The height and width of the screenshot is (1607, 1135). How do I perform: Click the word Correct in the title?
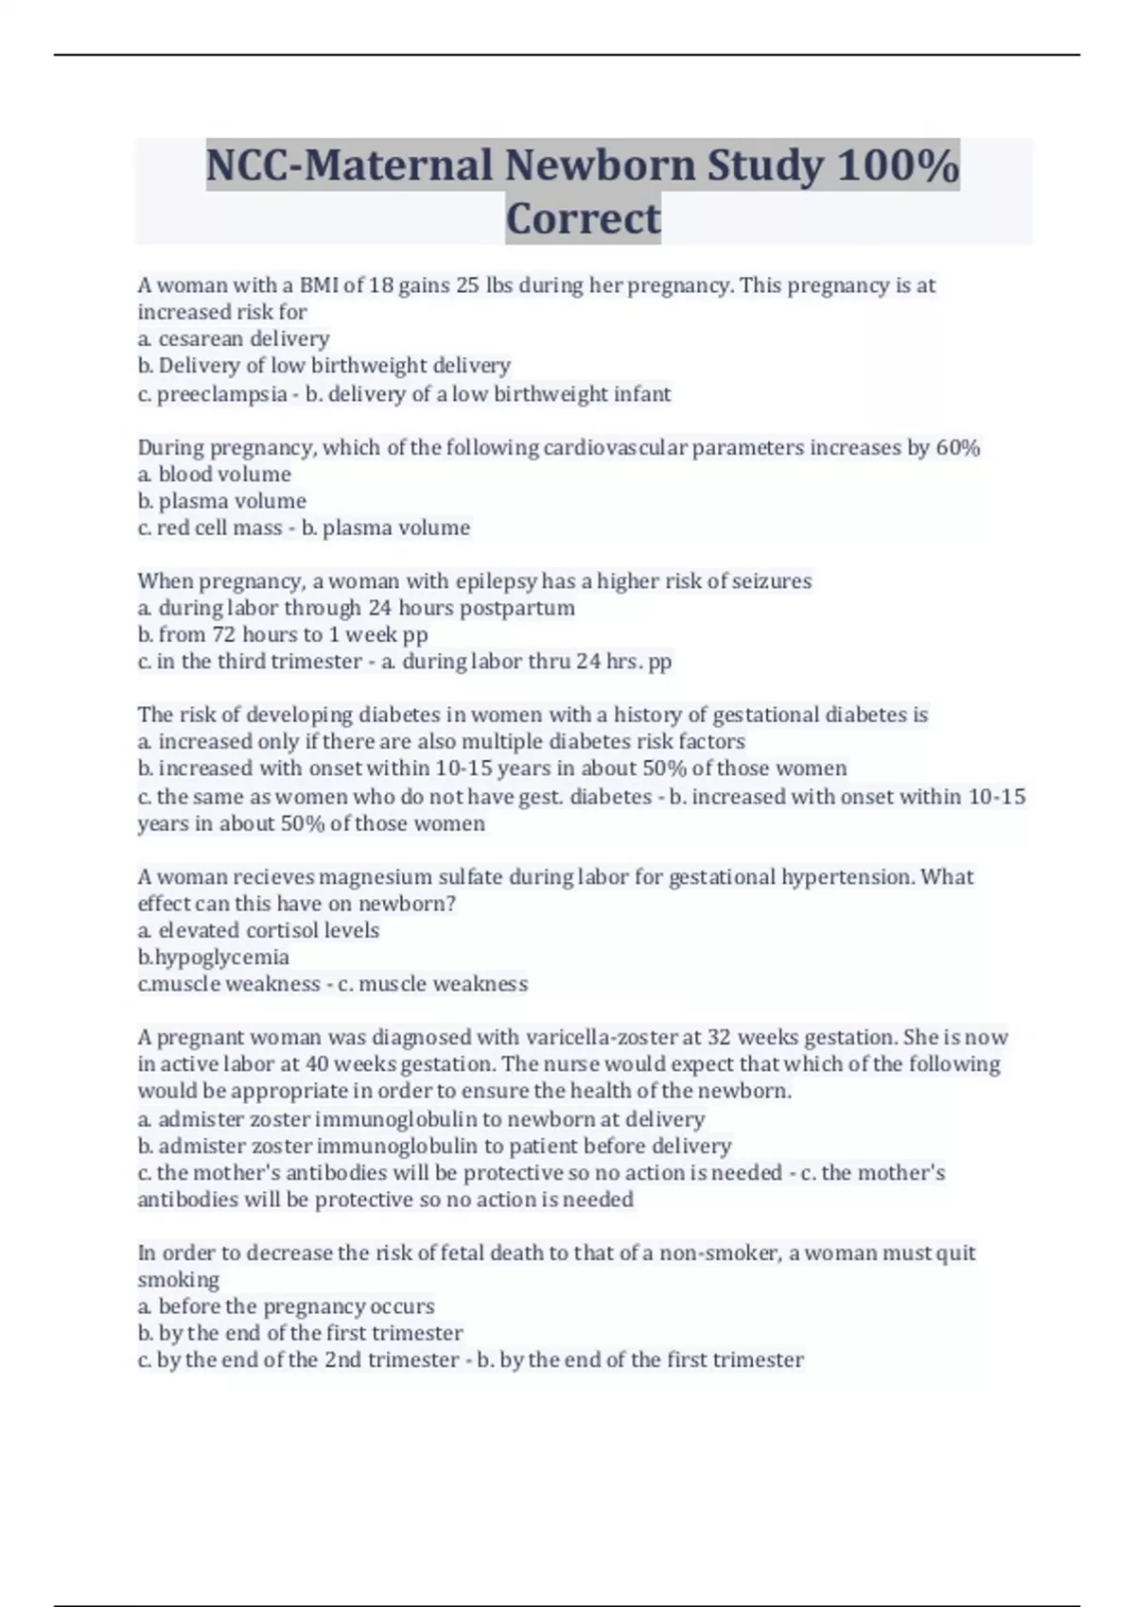(x=583, y=218)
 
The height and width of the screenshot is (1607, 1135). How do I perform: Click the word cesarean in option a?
(x=195, y=338)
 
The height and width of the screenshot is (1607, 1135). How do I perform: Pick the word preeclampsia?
(x=221, y=394)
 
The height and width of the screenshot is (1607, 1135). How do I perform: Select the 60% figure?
(x=957, y=448)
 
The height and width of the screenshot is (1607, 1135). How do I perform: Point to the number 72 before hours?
(x=224, y=634)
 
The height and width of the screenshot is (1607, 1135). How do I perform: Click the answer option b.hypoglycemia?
(x=214, y=958)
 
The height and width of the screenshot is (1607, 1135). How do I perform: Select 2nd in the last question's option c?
(x=342, y=1360)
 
